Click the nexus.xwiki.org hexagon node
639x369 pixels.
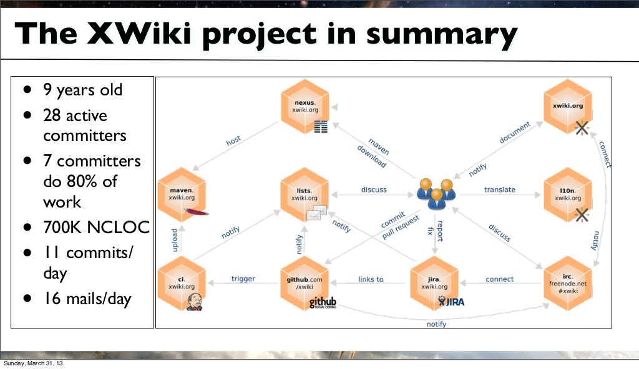click(305, 105)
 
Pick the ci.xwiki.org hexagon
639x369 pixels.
click(182, 282)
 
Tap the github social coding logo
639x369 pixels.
click(323, 304)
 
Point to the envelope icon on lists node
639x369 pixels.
click(316, 213)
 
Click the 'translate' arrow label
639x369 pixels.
click(499, 189)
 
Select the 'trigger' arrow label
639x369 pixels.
click(243, 279)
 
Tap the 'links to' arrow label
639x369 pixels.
click(371, 279)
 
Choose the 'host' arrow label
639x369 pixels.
click(233, 141)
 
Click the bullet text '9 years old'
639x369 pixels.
click(82, 90)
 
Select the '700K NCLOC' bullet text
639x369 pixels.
click(95, 228)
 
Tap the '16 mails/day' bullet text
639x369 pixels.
click(87, 299)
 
